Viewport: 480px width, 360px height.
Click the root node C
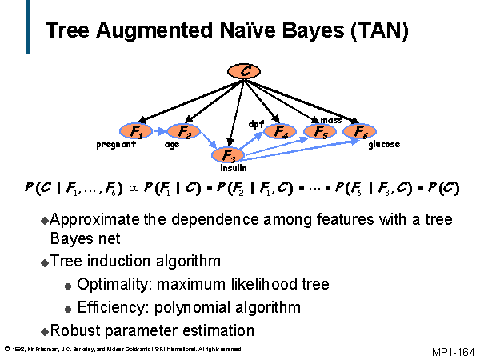point(244,71)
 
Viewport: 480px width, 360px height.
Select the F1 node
point(136,131)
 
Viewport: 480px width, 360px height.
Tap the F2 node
point(184,131)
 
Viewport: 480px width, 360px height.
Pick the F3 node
point(228,155)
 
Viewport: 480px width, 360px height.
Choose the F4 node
point(280,131)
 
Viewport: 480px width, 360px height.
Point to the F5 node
point(320,131)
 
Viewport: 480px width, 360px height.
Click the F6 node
point(360,131)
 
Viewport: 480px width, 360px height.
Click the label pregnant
point(116,145)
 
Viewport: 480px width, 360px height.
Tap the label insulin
point(234,168)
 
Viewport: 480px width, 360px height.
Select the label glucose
point(384,144)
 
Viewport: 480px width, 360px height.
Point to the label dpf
point(256,124)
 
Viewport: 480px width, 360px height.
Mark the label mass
point(331,120)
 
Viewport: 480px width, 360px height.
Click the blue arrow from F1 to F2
point(159,132)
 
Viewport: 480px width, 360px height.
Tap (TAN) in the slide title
point(379,30)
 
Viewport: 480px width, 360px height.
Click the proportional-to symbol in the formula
point(134,188)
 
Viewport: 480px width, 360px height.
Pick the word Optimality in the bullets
point(112,284)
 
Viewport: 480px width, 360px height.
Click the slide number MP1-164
point(454,352)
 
